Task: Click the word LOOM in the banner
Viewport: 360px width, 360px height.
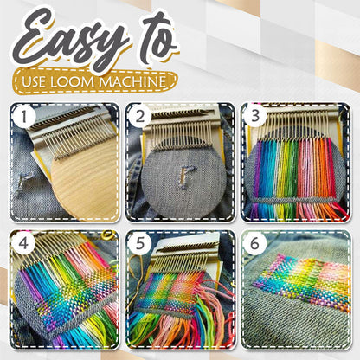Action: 97,81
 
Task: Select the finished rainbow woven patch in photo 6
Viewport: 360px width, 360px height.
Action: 302,282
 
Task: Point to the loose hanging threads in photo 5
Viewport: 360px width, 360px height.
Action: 195,320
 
